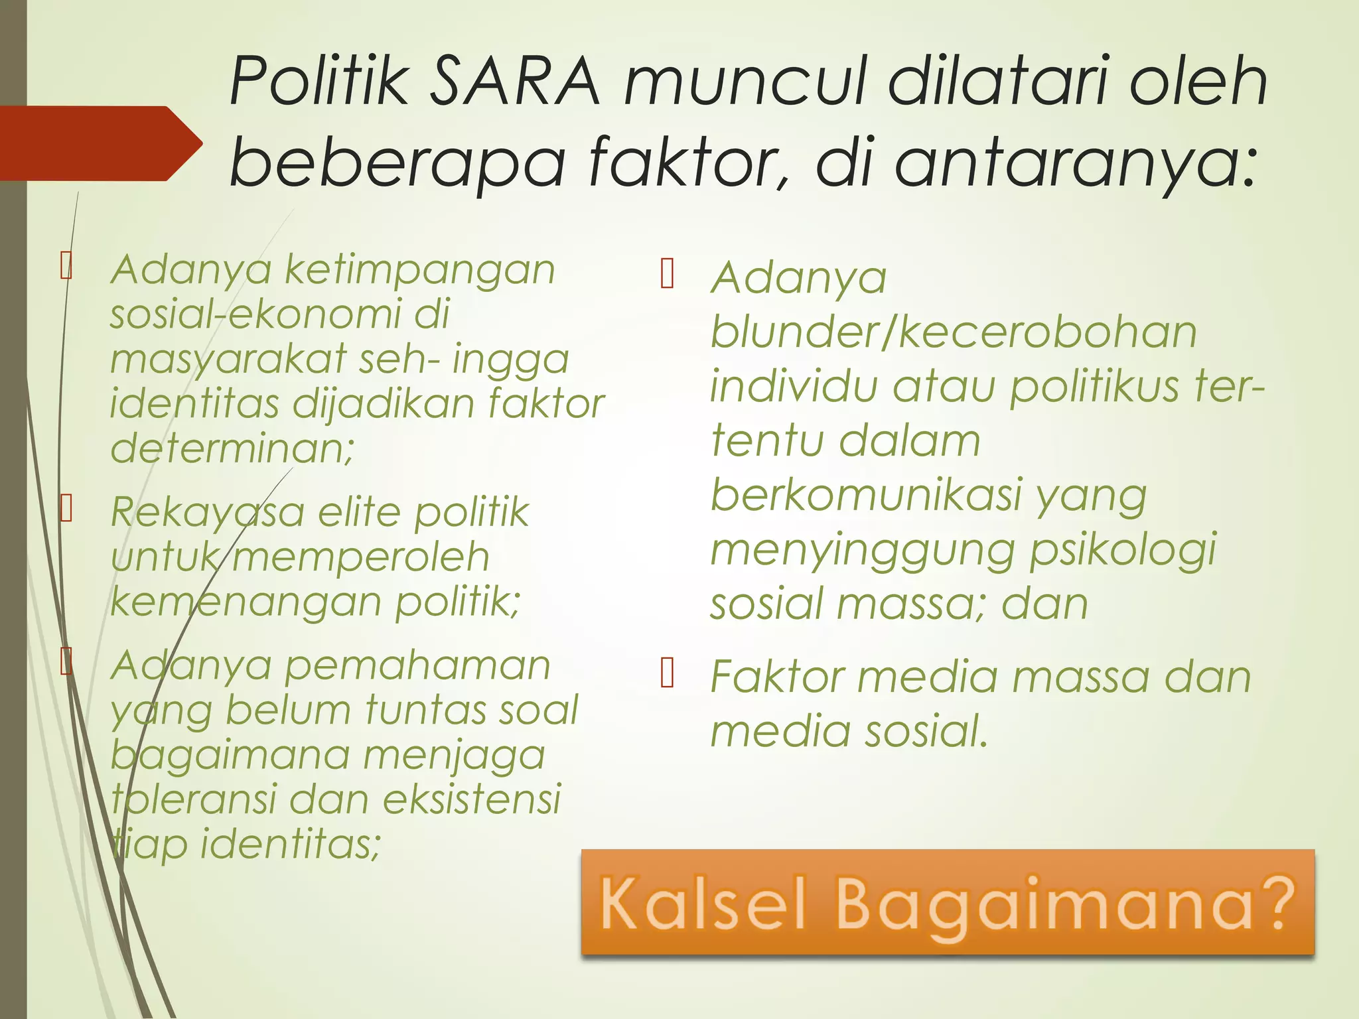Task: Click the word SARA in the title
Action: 514,82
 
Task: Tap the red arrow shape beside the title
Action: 100,143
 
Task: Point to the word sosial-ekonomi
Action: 279,314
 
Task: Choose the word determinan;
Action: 232,448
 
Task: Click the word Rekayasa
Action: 208,512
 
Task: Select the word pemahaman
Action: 417,665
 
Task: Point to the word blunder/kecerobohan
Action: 953,332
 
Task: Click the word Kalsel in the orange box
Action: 704,904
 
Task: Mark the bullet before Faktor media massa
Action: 668,674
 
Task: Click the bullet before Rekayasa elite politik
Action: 66,509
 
